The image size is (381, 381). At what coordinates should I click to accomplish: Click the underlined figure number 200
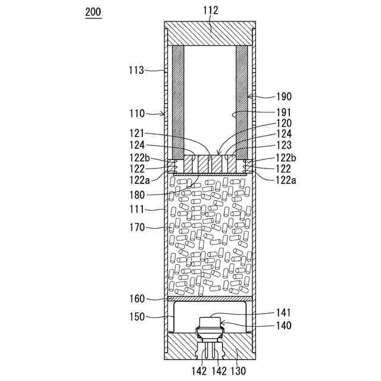click(93, 12)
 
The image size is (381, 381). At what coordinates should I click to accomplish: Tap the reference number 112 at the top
click(210, 11)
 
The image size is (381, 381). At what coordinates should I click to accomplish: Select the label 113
click(136, 70)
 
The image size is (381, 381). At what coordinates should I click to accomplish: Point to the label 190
click(284, 96)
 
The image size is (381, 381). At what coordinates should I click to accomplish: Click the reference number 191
click(284, 113)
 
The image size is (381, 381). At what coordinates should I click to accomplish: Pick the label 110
click(137, 114)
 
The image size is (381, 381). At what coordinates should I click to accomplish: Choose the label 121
click(137, 133)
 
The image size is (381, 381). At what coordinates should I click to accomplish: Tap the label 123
click(284, 145)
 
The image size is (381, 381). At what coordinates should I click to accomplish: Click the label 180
click(137, 195)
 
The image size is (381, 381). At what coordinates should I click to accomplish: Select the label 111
click(137, 210)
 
